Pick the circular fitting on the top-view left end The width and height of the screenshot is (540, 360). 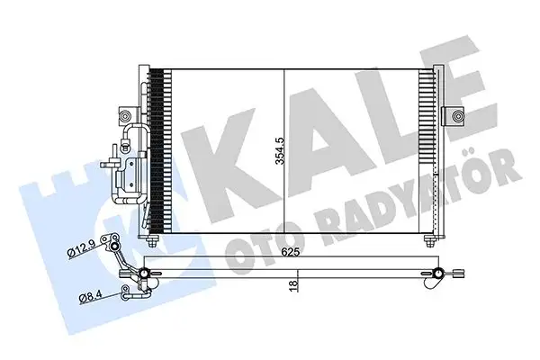coord(146,272)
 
